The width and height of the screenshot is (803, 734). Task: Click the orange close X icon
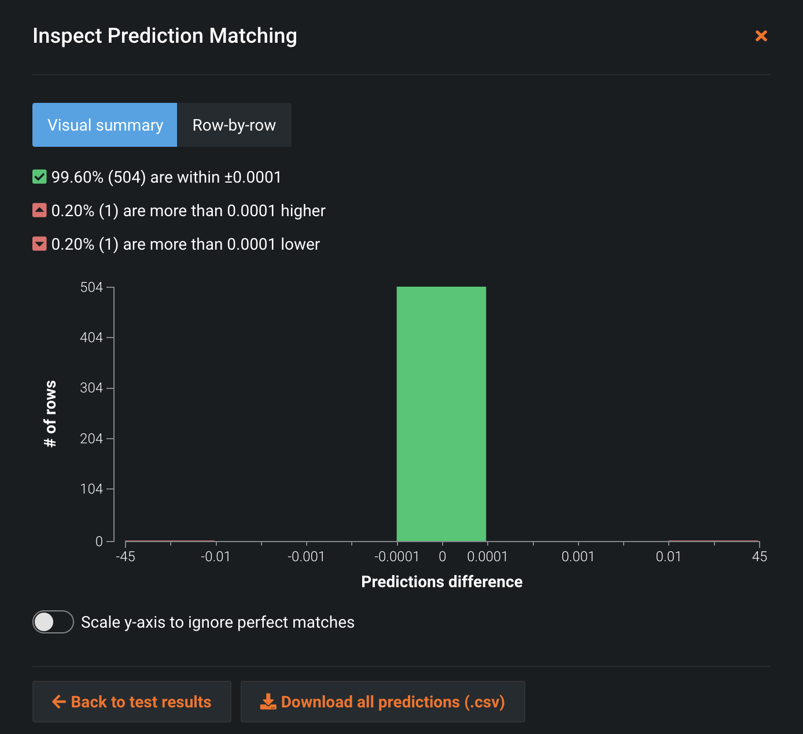click(761, 36)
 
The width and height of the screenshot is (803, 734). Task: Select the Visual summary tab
click(105, 125)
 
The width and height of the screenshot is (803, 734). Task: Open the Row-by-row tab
click(234, 125)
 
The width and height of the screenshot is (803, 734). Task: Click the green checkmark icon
click(39, 177)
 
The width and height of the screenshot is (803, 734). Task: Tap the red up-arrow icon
click(39, 210)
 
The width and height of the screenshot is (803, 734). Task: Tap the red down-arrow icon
click(39, 244)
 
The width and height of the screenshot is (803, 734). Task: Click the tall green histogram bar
click(441, 414)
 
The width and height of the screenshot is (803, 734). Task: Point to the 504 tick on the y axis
click(91, 287)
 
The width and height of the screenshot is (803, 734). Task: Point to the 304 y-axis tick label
click(91, 388)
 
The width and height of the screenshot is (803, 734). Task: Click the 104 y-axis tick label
click(91, 489)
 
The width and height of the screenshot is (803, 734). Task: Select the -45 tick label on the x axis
click(126, 557)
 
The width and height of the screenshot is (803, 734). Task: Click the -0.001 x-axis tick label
click(306, 557)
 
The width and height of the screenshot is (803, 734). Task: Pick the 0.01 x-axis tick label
click(668, 557)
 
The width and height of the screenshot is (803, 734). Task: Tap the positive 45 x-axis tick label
click(759, 557)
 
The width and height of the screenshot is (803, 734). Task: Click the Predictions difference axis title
click(441, 581)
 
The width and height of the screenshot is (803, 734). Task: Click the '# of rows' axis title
click(50, 414)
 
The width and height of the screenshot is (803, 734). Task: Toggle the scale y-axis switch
click(53, 622)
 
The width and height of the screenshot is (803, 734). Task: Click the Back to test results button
click(132, 702)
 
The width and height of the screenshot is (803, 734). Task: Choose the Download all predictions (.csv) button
click(383, 702)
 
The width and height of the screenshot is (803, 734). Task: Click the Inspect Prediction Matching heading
click(165, 36)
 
